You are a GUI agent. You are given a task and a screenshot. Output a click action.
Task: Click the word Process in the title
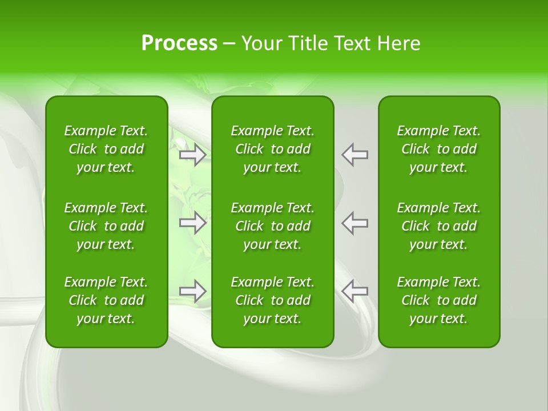click(x=179, y=43)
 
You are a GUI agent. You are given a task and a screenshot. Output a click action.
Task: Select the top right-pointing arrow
click(x=193, y=155)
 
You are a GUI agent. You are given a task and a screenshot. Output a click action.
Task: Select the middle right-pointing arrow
click(x=193, y=223)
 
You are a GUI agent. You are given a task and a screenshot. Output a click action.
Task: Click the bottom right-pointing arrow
click(x=193, y=291)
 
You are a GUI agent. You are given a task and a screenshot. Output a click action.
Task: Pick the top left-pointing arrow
click(x=354, y=155)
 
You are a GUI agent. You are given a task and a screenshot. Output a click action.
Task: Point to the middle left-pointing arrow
click(x=354, y=223)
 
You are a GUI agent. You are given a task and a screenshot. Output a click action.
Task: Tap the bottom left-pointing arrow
click(x=354, y=291)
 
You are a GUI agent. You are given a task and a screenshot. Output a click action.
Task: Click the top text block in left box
click(x=106, y=149)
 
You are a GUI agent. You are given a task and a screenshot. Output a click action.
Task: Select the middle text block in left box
click(x=106, y=226)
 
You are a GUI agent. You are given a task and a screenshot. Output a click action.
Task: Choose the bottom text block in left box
click(x=106, y=300)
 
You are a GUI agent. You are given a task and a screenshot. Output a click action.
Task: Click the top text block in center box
click(x=273, y=149)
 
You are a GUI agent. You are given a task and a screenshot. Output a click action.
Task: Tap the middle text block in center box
click(x=273, y=226)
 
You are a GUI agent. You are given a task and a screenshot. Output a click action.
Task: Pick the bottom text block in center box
click(x=273, y=300)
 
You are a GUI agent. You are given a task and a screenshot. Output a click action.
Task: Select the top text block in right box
click(x=439, y=149)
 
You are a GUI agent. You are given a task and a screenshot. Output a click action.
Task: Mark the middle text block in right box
click(x=439, y=226)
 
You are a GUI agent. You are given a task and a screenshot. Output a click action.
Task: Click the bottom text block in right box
click(x=439, y=300)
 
